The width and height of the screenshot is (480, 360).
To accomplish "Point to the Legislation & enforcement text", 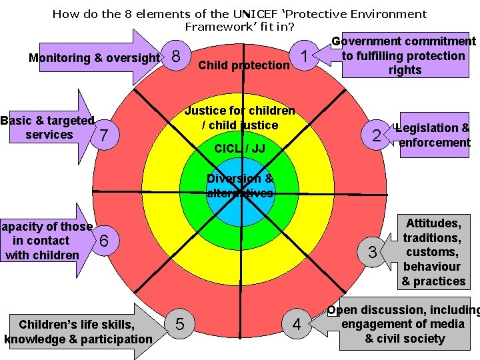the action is click(x=433, y=135).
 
